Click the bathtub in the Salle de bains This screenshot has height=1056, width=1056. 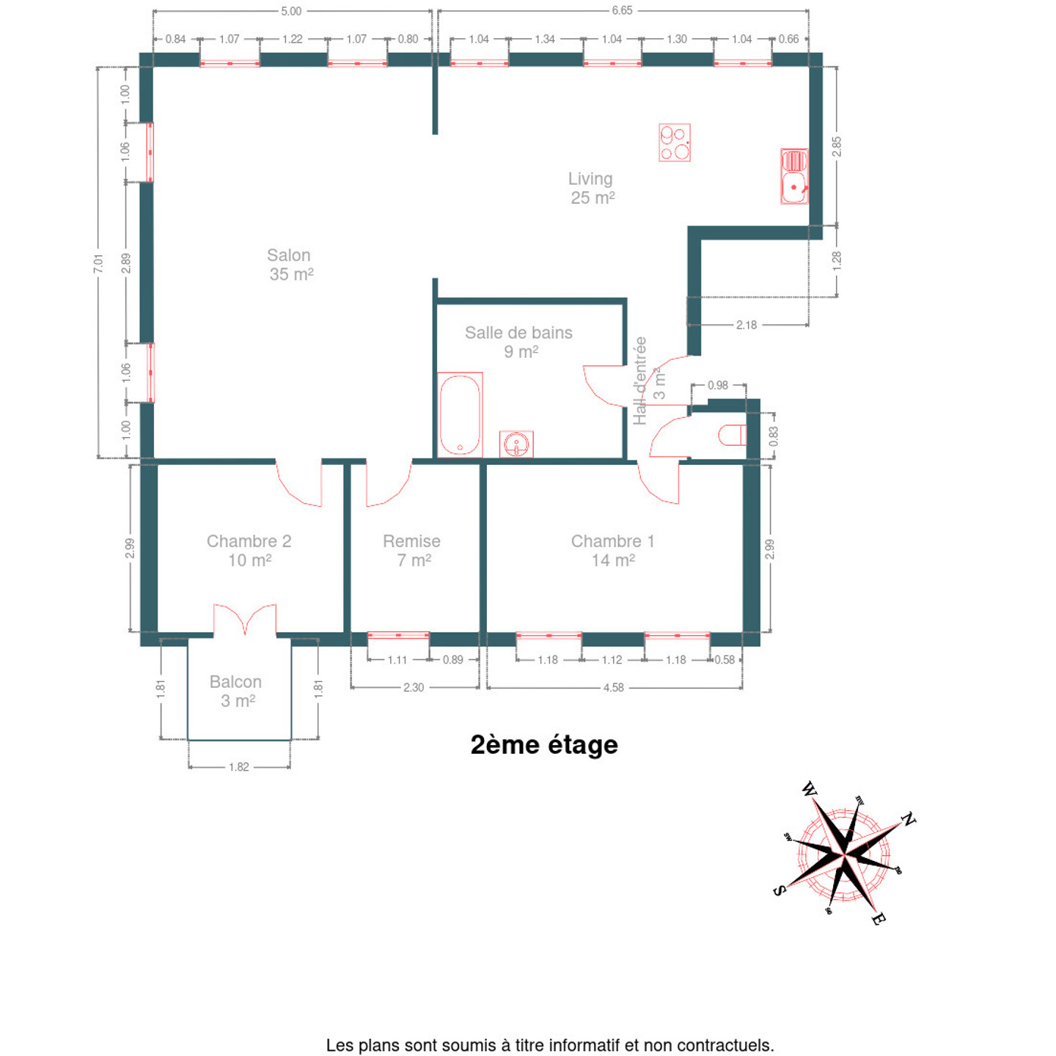pyautogui.click(x=460, y=415)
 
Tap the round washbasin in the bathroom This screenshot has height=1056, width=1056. pyautogui.click(x=516, y=444)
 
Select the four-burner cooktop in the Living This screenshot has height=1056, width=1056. pyautogui.click(x=674, y=142)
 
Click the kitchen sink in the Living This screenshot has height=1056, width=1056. pyautogui.click(x=794, y=177)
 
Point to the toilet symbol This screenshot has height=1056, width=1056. pyautogui.click(x=732, y=436)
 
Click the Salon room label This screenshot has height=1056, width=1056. pyautogui.click(x=290, y=265)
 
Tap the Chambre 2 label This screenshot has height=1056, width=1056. pyautogui.click(x=249, y=550)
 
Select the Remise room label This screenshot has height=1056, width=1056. pyautogui.click(x=412, y=550)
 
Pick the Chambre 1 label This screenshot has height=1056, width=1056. pyautogui.click(x=613, y=550)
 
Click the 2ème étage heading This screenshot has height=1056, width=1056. pyautogui.click(x=544, y=745)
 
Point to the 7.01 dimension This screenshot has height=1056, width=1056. pyautogui.click(x=98, y=263)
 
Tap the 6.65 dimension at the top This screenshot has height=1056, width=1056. pyautogui.click(x=622, y=10)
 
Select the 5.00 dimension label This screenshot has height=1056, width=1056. pyautogui.click(x=291, y=11)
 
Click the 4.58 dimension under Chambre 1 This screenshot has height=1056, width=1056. pyautogui.click(x=614, y=688)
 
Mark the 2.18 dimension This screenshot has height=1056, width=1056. pyautogui.click(x=747, y=325)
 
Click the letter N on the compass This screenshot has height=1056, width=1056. pyautogui.click(x=908, y=819)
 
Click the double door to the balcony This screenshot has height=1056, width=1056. pyautogui.click(x=245, y=620)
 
